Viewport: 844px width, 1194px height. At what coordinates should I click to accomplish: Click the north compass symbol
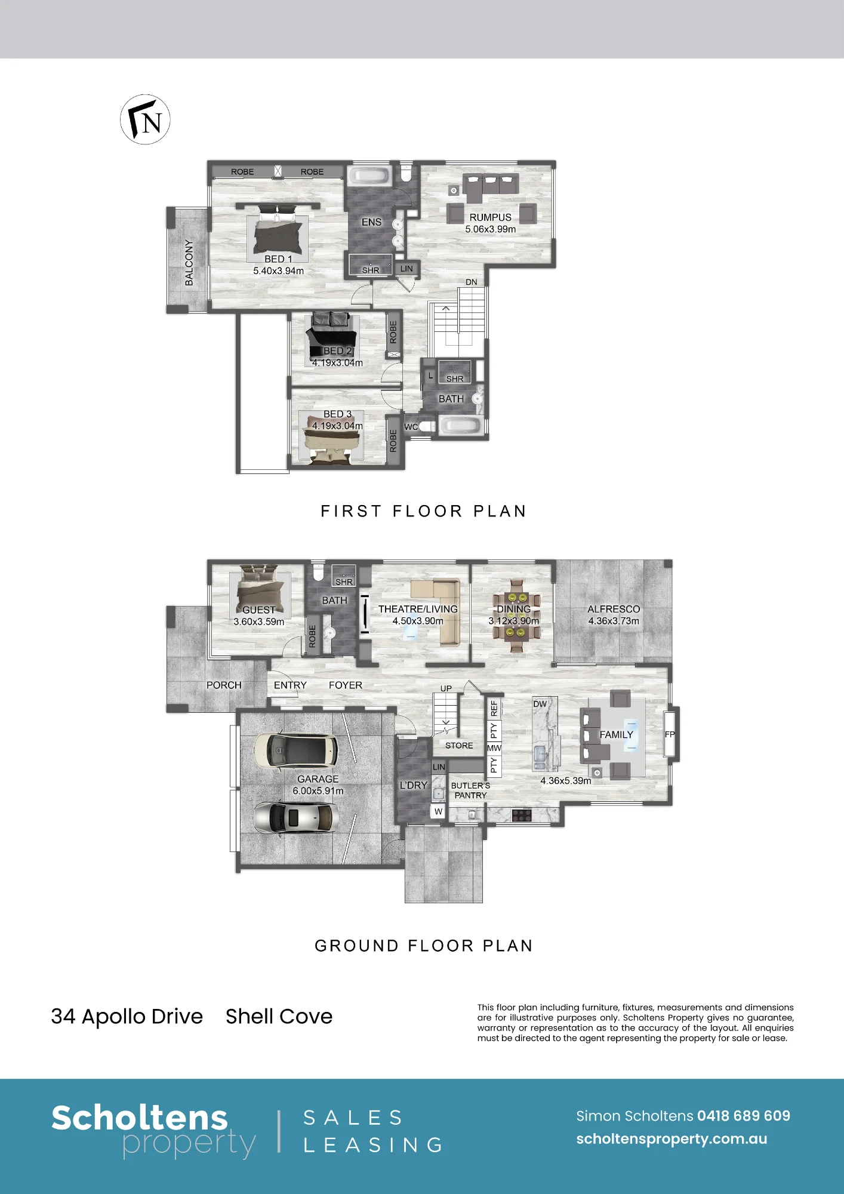(x=145, y=119)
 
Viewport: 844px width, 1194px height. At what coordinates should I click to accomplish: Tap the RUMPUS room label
(x=490, y=217)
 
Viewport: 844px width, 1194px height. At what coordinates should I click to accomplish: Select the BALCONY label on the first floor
(x=189, y=263)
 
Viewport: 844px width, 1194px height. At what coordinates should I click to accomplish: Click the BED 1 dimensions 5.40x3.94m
(x=278, y=271)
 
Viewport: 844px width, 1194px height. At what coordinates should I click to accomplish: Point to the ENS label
(x=371, y=222)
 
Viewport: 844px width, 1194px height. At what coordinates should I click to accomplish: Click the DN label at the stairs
(x=472, y=282)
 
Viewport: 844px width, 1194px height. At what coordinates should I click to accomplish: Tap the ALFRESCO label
(x=614, y=609)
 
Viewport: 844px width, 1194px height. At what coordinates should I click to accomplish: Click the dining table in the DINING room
(x=515, y=615)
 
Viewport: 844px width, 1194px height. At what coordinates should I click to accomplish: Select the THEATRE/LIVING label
(x=418, y=609)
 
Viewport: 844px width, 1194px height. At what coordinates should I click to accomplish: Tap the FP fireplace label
(x=670, y=734)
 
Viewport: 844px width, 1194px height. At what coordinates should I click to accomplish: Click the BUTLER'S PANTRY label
(x=470, y=790)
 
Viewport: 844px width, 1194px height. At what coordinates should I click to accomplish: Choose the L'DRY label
(x=414, y=785)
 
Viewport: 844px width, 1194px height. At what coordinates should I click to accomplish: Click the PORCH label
(x=224, y=685)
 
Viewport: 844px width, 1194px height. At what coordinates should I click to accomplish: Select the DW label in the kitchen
(x=540, y=704)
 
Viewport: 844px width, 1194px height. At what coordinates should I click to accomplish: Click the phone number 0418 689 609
(x=744, y=1116)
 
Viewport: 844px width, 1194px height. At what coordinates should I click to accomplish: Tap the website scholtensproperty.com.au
(x=671, y=1139)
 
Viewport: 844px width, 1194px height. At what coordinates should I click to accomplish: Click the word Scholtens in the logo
(x=140, y=1118)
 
